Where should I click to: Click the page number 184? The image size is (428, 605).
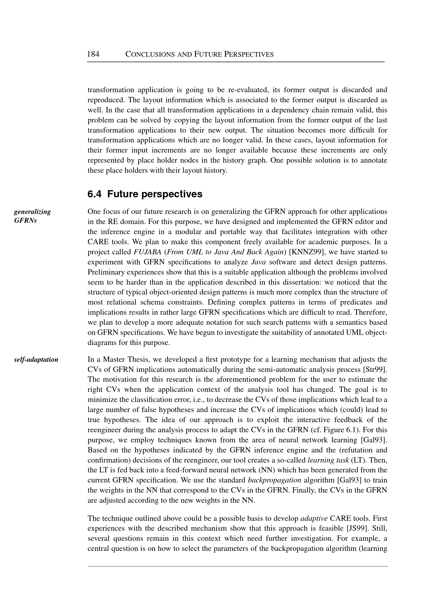pos(93,54)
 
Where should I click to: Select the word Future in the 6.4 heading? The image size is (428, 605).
pos(123,194)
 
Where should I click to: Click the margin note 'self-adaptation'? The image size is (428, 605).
pos(36,359)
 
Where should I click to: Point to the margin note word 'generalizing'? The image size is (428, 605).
pos(32,212)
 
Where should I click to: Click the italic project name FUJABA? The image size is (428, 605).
pos(147,252)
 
